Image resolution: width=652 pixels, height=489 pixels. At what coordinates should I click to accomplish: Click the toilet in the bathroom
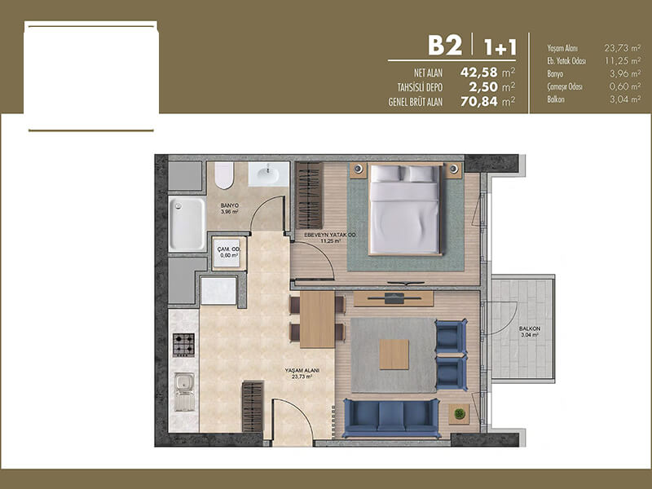pyautogui.click(x=224, y=175)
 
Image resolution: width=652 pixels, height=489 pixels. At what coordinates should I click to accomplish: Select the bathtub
pyautogui.click(x=187, y=223)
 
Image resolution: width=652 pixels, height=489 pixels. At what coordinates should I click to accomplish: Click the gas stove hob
pyautogui.click(x=183, y=345)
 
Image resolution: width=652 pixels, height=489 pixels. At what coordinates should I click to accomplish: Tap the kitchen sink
pyautogui.click(x=184, y=392)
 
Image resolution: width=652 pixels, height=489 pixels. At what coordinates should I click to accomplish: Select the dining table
pyautogui.click(x=317, y=319)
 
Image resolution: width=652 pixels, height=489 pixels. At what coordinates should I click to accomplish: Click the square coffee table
pyautogui.click(x=394, y=355)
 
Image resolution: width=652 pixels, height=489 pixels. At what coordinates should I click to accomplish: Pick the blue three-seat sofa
pyautogui.click(x=391, y=418)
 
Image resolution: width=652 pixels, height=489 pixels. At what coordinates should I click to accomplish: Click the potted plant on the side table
pyautogui.click(x=460, y=413)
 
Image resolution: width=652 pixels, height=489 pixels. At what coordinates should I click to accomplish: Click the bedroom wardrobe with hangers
pyautogui.click(x=310, y=196)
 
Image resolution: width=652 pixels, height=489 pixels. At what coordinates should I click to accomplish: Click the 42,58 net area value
pyautogui.click(x=479, y=73)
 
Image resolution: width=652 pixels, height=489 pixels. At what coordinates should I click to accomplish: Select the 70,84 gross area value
pyautogui.click(x=479, y=101)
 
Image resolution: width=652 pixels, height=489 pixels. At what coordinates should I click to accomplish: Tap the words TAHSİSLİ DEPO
pyautogui.click(x=420, y=88)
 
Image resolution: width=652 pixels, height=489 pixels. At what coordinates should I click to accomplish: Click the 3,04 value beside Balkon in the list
pyautogui.click(x=625, y=99)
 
